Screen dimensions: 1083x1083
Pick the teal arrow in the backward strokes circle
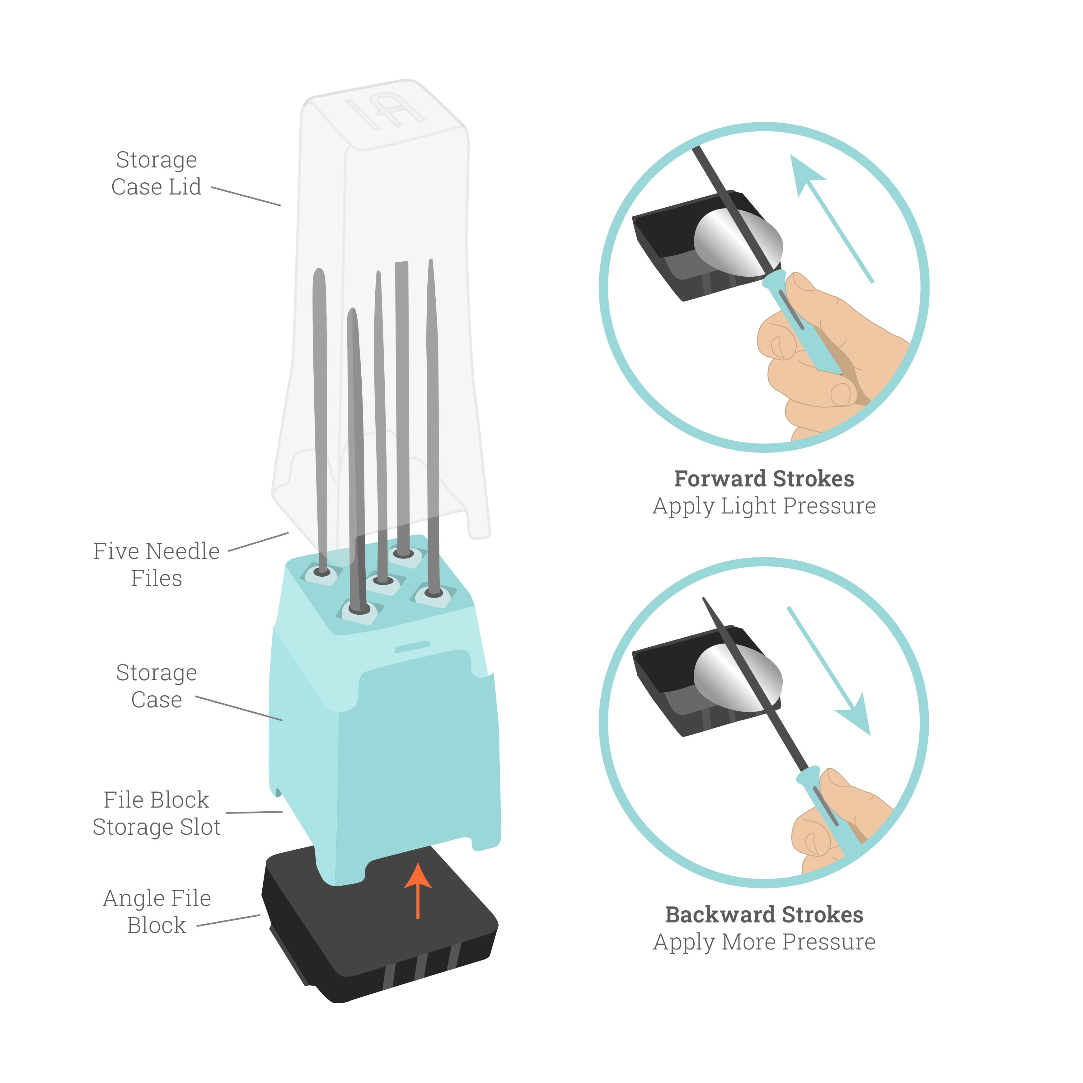click(x=835, y=678)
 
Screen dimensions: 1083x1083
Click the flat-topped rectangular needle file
click(x=402, y=392)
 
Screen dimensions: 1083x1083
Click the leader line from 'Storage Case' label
click(x=238, y=708)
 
